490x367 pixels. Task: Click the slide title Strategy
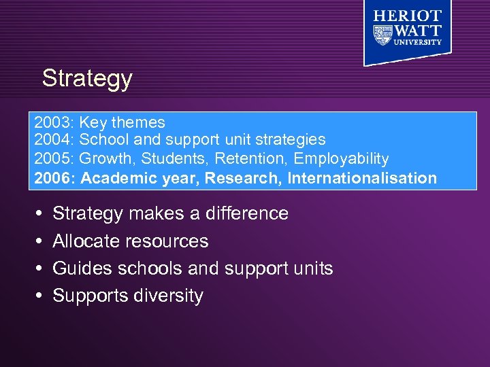[86, 79]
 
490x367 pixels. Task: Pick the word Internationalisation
[362, 179]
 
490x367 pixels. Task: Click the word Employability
[343, 159]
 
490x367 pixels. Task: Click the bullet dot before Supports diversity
[38, 296]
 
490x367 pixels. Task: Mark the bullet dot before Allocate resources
[38, 241]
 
